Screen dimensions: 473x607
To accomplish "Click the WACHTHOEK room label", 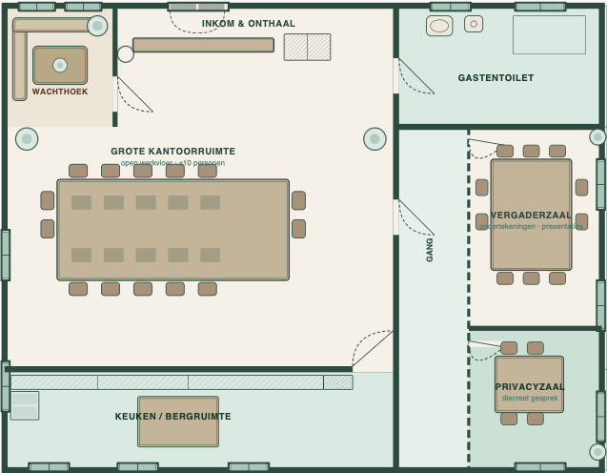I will (60, 92).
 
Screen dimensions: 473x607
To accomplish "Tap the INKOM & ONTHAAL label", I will (249, 24).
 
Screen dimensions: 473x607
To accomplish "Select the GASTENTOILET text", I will (496, 78).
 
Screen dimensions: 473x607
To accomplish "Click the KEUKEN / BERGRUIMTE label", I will (173, 417).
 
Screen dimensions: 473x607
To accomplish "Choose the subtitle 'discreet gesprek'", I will (530, 398).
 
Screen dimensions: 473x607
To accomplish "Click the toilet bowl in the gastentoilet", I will (439, 26).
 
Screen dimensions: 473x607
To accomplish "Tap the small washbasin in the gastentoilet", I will (474, 24).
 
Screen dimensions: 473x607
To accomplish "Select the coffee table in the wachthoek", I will (60, 65).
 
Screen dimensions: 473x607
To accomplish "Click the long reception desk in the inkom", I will (203, 45).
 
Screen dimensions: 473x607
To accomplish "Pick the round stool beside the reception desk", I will (126, 54).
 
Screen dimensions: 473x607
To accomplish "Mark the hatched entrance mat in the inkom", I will (307, 47).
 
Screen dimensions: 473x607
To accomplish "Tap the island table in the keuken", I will (178, 422).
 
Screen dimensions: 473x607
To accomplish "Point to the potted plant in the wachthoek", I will (97, 26).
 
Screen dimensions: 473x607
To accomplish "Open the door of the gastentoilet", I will (416, 76).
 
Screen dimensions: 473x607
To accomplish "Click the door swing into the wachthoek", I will (134, 94).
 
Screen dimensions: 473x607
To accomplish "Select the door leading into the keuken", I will (372, 349).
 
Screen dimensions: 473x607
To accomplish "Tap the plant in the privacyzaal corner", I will (597, 452).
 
